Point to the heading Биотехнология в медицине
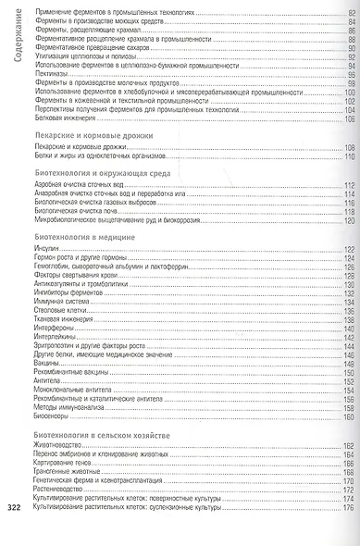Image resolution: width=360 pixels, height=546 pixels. point(81,238)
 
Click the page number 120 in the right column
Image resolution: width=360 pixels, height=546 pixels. point(349,220)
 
